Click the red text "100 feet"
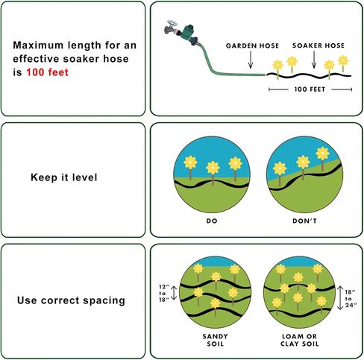(x=47, y=72)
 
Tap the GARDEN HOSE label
(x=252, y=45)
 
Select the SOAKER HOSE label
(x=318, y=45)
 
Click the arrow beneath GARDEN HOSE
(x=251, y=60)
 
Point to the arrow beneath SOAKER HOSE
(x=314, y=60)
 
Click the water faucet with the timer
(x=181, y=32)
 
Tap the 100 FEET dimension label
(x=310, y=89)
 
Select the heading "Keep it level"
(x=64, y=177)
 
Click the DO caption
(x=212, y=221)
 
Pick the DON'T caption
(x=304, y=221)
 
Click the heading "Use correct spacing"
(x=71, y=300)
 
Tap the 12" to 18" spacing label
(x=163, y=293)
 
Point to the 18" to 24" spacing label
(x=351, y=298)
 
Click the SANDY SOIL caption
(x=215, y=340)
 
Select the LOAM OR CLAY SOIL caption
(x=300, y=340)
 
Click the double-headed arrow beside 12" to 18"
(x=174, y=293)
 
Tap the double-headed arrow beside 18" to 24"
(x=340, y=298)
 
